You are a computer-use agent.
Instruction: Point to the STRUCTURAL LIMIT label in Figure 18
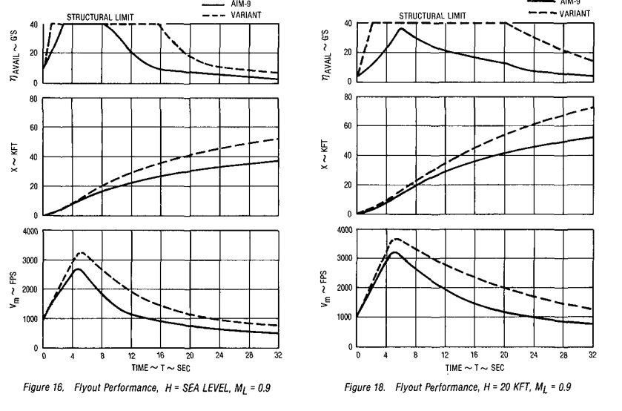(434, 15)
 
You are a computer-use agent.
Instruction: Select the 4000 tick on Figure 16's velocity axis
(30, 232)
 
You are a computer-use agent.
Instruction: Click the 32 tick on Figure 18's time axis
(592, 356)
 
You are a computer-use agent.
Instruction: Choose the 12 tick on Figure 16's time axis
(130, 356)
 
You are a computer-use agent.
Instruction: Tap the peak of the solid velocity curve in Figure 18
(394, 252)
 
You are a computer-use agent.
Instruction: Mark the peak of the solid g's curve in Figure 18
(401, 28)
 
